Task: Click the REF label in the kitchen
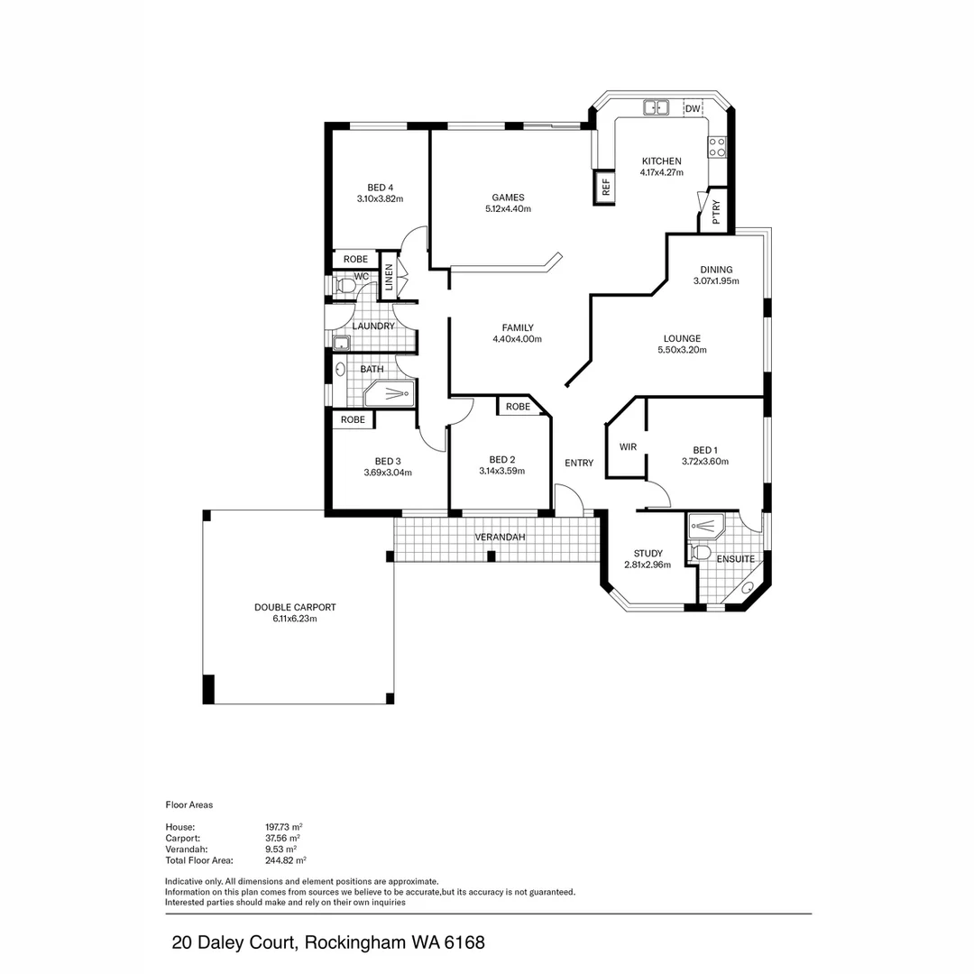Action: coord(606,188)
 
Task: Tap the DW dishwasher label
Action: coord(693,109)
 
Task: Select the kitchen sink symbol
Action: coord(656,108)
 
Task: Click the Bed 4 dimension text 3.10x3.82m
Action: coord(380,198)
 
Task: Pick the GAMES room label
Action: coord(508,198)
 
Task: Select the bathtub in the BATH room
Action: coord(390,393)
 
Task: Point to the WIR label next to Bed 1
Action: coord(628,446)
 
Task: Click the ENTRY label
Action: coord(579,464)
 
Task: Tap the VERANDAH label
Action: coord(500,538)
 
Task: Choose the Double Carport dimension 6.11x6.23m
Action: coord(295,619)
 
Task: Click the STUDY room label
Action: coord(648,554)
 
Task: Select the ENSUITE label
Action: coord(735,559)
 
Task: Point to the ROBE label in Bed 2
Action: coord(518,407)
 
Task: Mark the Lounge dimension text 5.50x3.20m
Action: coord(682,350)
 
